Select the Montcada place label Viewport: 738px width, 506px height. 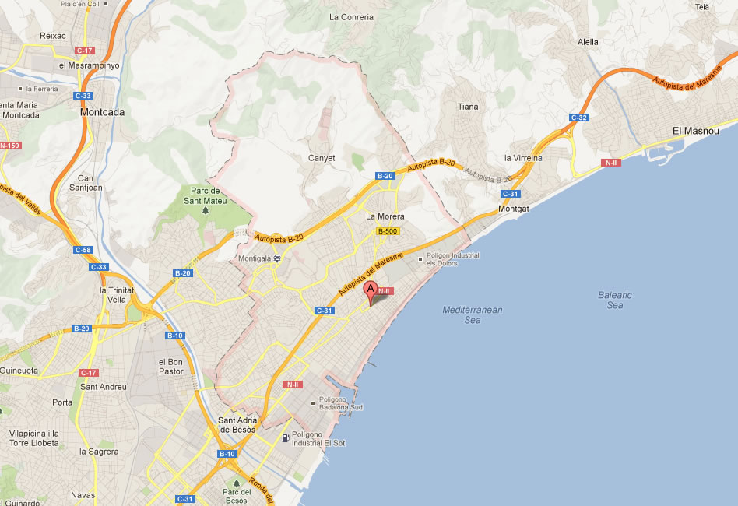pos(103,112)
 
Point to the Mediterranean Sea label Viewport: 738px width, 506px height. pos(473,314)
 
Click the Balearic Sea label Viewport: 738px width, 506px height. pos(615,300)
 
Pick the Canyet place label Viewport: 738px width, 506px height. pos(322,158)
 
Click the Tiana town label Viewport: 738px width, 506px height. pos(468,107)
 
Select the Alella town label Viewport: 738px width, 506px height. pos(589,42)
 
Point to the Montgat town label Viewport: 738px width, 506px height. pos(513,209)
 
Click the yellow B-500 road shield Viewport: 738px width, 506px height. pos(387,231)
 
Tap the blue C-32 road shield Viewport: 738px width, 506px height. pos(578,118)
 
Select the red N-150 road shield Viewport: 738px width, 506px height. pos(10,146)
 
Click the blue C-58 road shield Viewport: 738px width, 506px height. pos(83,250)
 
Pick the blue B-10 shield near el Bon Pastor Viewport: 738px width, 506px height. pos(174,336)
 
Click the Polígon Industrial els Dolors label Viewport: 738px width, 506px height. pos(452,259)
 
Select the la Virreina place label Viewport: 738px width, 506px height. pos(523,158)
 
